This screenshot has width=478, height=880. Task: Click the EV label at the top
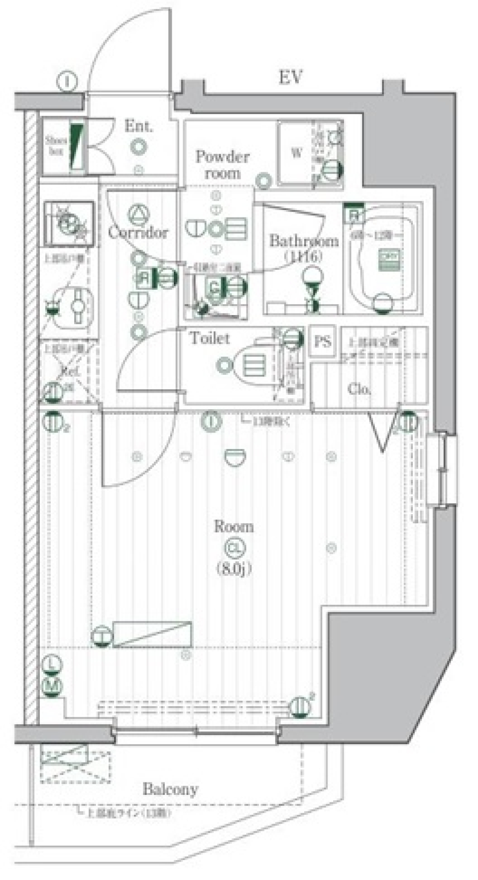coord(290,78)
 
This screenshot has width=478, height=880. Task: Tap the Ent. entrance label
coord(138,126)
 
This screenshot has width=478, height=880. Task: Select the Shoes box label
coord(56,145)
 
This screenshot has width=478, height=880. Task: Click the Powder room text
coord(222,165)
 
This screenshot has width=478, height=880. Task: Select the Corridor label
coord(138,232)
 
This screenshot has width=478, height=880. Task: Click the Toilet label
coord(210,338)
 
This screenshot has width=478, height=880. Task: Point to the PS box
coord(323,341)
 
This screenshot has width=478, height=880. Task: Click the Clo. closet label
coord(359,389)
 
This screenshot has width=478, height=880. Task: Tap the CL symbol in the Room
coord(234,548)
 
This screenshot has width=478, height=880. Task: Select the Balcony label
coord(170,789)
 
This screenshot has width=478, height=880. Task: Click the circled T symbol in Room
coord(102,636)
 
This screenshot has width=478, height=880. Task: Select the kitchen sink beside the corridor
coord(68,223)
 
